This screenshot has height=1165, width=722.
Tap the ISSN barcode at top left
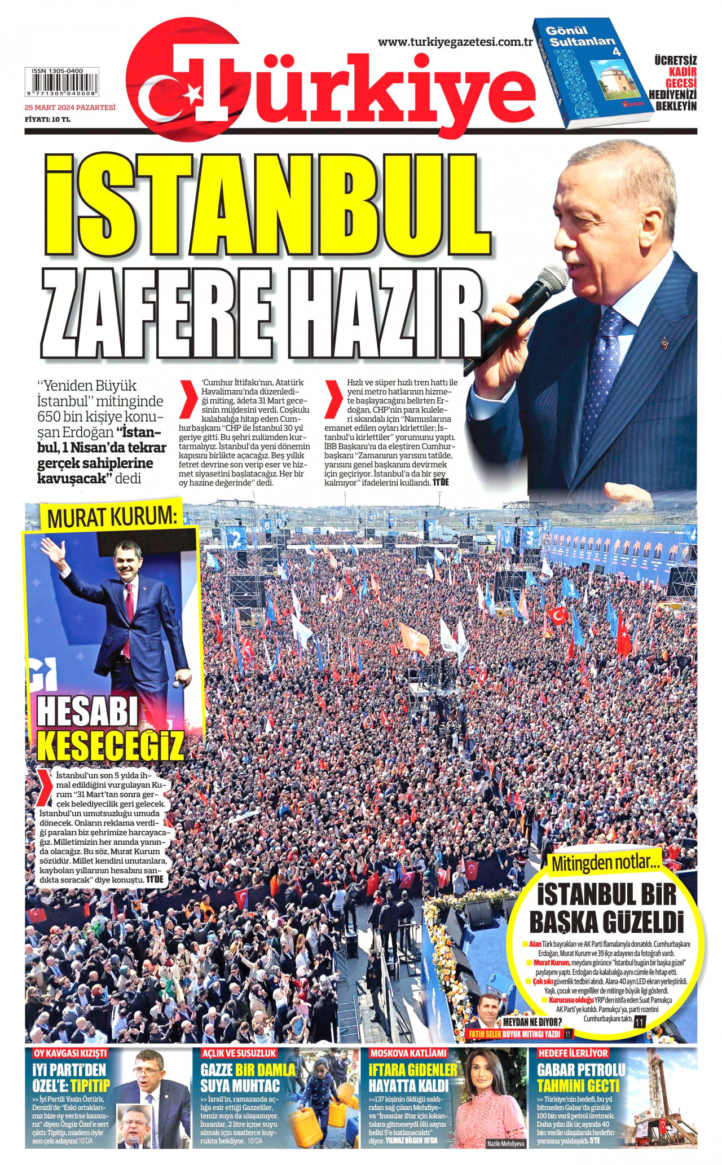[59, 85]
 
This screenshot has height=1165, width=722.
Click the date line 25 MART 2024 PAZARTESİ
[70, 107]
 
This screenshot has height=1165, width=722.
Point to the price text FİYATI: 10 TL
[47, 119]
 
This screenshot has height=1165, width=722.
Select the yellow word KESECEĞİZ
[111, 745]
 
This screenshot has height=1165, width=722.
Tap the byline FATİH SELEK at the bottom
[485, 1034]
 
